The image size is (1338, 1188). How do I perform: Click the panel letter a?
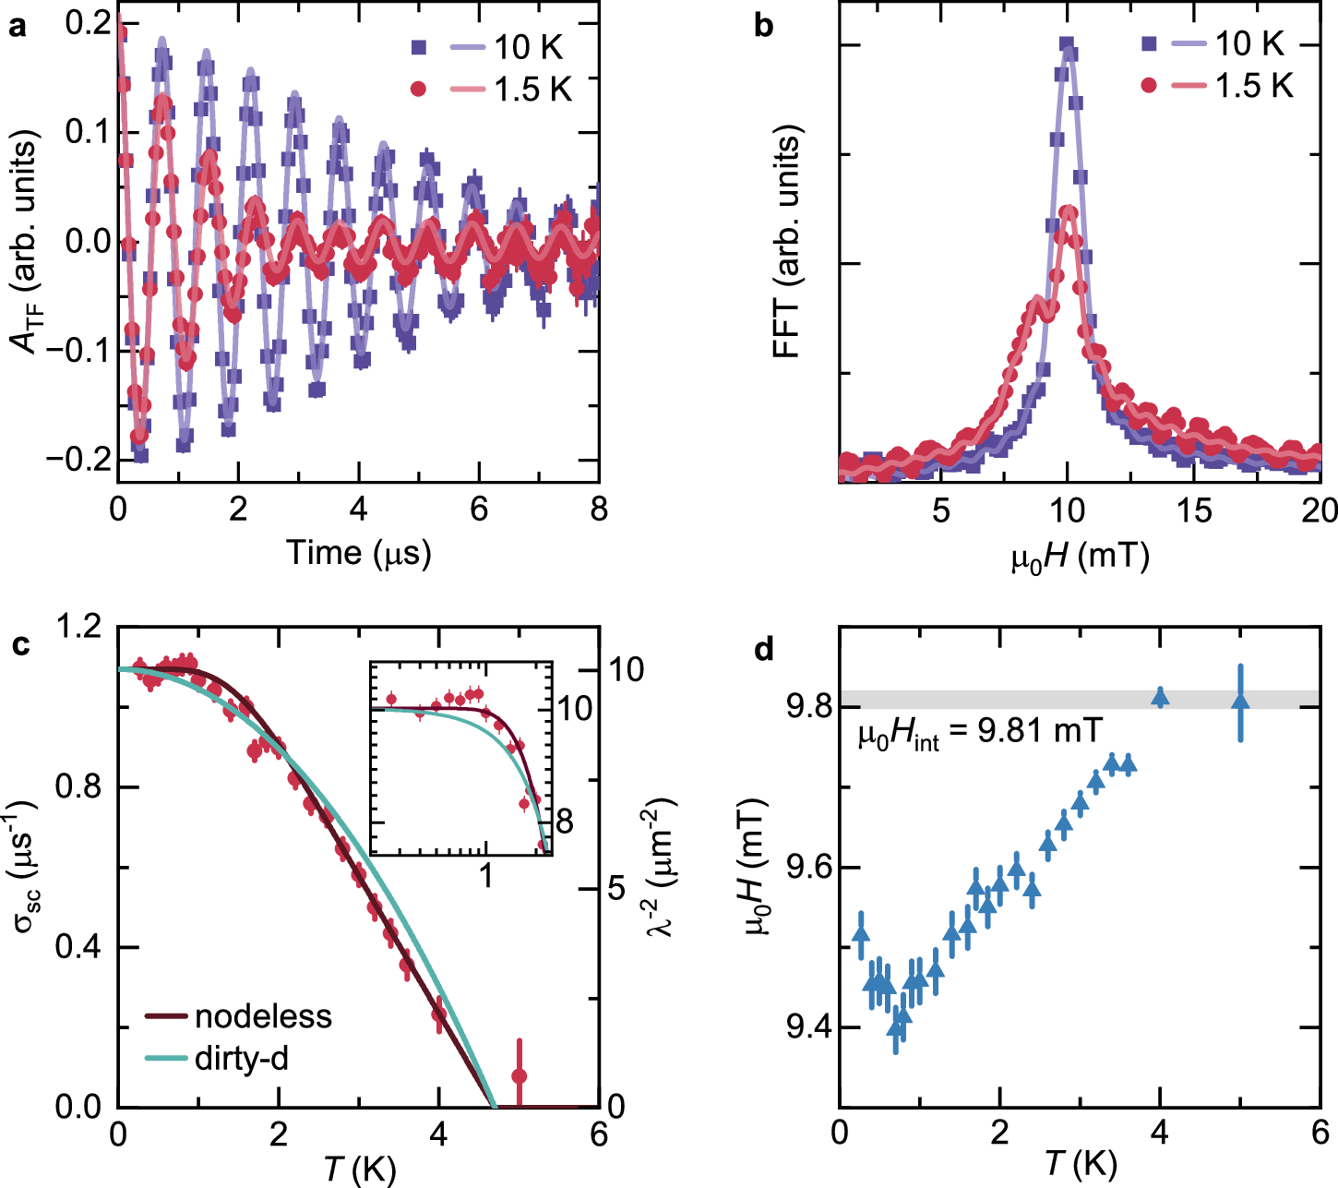click(17, 27)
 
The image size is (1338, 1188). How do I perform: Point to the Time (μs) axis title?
click(358, 552)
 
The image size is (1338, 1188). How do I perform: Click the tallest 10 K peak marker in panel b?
click(1067, 42)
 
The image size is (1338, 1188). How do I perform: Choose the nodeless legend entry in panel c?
click(238, 1016)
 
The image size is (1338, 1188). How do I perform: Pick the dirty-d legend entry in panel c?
click(217, 1058)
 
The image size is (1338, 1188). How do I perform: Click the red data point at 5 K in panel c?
click(520, 1076)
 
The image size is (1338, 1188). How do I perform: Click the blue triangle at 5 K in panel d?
click(1241, 702)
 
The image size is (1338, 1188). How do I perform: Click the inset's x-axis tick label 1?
click(486, 874)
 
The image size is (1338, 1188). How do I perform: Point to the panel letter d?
click(763, 649)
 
